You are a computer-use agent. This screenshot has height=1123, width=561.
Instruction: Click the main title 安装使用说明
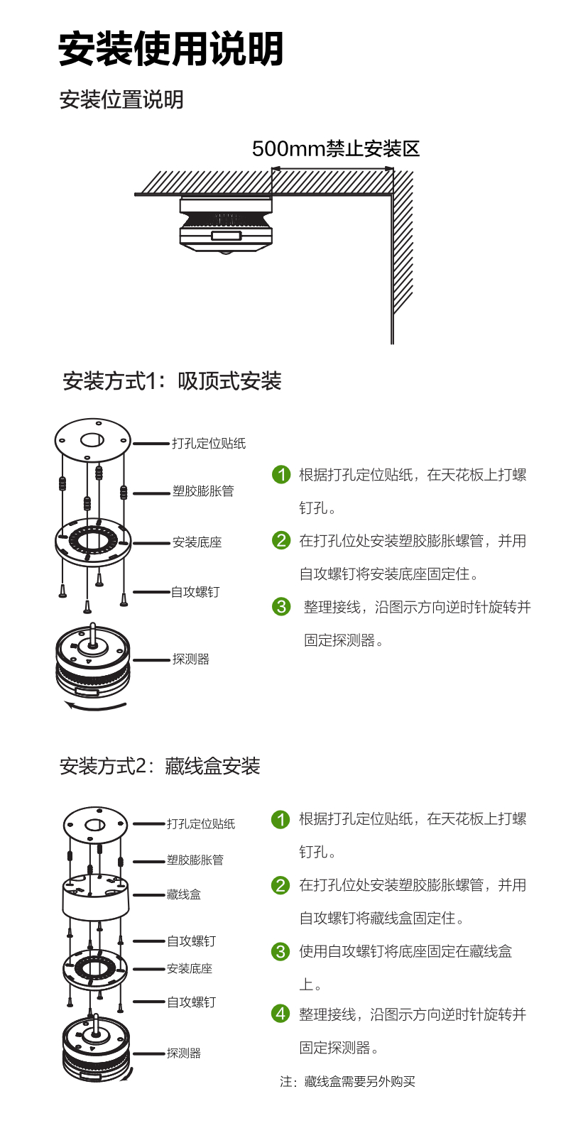(170, 49)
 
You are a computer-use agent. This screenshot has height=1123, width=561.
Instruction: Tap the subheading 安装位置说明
(121, 99)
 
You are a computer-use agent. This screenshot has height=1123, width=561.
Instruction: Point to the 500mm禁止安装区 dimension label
(335, 148)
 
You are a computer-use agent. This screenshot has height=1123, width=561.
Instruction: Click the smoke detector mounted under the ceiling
(226, 226)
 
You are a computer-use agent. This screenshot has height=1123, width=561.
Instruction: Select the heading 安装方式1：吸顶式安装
(172, 381)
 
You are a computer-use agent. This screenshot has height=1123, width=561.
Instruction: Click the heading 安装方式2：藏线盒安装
(160, 766)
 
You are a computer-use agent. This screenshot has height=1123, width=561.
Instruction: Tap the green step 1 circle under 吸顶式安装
(281, 474)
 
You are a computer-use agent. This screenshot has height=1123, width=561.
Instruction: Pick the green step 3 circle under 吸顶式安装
(281, 607)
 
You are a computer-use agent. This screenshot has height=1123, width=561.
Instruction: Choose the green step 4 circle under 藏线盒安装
(280, 1013)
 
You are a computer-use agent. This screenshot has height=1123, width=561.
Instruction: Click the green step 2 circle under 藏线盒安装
(280, 885)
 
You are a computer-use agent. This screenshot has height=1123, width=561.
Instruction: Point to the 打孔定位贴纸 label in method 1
(209, 443)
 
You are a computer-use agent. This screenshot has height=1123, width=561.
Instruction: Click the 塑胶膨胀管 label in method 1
(203, 491)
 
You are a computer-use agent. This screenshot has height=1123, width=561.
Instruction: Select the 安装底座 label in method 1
(197, 542)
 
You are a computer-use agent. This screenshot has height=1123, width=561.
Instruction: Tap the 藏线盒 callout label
(183, 894)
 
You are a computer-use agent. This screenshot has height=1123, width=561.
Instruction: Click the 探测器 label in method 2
(183, 1053)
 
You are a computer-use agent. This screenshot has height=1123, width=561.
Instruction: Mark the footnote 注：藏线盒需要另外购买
(347, 1081)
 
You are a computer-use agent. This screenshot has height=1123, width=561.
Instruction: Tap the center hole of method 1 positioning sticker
(92, 441)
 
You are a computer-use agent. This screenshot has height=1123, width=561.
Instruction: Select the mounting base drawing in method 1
(93, 542)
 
